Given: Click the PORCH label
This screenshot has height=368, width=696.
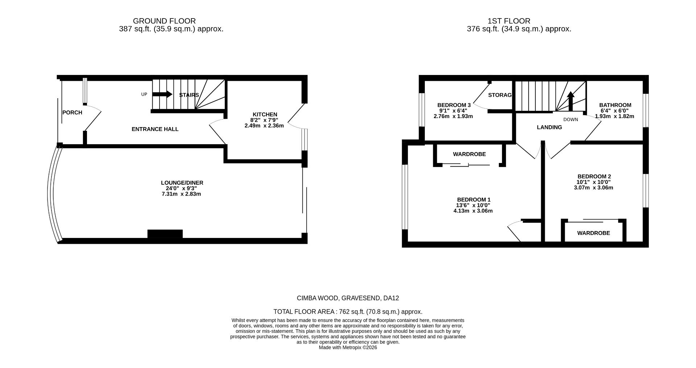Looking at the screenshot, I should [72, 113].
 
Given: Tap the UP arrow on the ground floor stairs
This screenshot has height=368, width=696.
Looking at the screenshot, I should [162, 95].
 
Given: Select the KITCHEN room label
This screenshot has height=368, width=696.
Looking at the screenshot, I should [265, 114].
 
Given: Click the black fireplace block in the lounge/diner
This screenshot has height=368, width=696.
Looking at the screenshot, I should [165, 234].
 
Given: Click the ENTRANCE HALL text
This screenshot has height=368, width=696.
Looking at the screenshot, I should [155, 129].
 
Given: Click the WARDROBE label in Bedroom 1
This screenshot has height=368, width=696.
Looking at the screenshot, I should [469, 154].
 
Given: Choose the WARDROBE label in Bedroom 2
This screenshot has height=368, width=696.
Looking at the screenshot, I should [593, 233].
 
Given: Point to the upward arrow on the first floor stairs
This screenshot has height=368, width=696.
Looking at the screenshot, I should [571, 101].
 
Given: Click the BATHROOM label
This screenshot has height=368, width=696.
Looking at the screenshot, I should [615, 105].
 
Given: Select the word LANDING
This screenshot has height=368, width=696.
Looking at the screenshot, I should [549, 127].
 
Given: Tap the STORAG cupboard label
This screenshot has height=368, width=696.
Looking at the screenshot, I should [500, 95].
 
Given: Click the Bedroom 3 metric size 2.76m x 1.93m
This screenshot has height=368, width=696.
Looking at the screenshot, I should [453, 117].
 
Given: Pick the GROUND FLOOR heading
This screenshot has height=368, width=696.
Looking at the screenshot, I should [164, 21].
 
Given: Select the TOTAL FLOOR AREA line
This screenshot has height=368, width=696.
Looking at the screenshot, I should [348, 312].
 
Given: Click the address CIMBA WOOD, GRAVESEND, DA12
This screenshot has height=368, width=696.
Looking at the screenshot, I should [348, 298].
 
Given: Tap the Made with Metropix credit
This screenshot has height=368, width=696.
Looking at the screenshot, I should [348, 348].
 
